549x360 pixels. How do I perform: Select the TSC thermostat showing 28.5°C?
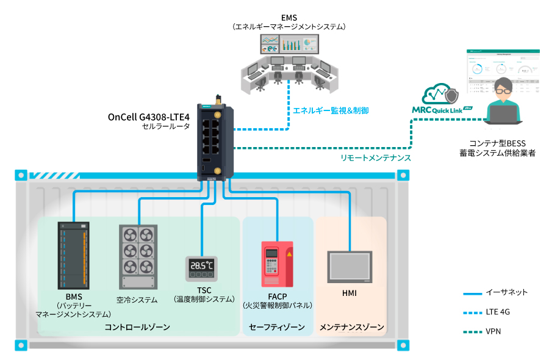pos(202,269)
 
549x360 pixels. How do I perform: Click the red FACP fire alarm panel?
pos(278,264)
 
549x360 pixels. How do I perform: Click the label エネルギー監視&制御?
pos(331,110)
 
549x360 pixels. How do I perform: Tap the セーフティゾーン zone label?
pos(277,328)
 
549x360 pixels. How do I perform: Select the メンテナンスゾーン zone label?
pos(352,328)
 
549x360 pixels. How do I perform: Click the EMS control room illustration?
pos(290,61)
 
